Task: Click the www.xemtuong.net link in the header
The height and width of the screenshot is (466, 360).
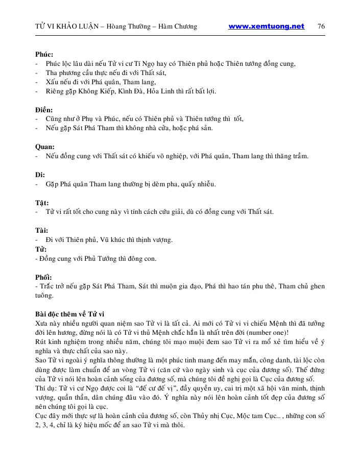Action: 266,27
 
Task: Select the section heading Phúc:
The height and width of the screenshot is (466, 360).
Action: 44,54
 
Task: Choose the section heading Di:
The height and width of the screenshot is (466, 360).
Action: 40,175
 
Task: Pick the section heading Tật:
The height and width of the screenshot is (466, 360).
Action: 42,203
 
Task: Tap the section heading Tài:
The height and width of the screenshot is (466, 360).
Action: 42,230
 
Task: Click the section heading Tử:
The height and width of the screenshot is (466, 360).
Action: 41,250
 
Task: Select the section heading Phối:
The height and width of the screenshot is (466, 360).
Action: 43,277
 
